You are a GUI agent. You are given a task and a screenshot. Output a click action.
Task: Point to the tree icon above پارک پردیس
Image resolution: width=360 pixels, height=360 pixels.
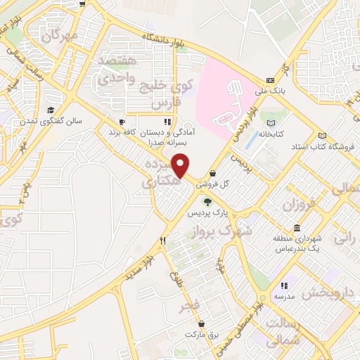(x=207, y=201)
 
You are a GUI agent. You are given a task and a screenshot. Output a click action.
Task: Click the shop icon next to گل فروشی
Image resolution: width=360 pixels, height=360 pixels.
(x=212, y=174)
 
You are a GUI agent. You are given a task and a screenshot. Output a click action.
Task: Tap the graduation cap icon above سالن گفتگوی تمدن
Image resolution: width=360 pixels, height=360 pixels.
(x=51, y=110)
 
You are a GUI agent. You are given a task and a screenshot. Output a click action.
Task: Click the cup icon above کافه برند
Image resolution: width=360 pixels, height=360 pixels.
(x=122, y=121)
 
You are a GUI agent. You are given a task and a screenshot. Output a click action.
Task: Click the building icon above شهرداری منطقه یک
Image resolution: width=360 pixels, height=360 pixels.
(x=298, y=229)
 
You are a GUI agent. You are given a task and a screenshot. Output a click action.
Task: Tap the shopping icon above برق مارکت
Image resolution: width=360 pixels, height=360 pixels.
(x=202, y=324)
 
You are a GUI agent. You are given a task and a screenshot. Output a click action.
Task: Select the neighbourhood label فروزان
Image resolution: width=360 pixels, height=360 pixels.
(x=296, y=205)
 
